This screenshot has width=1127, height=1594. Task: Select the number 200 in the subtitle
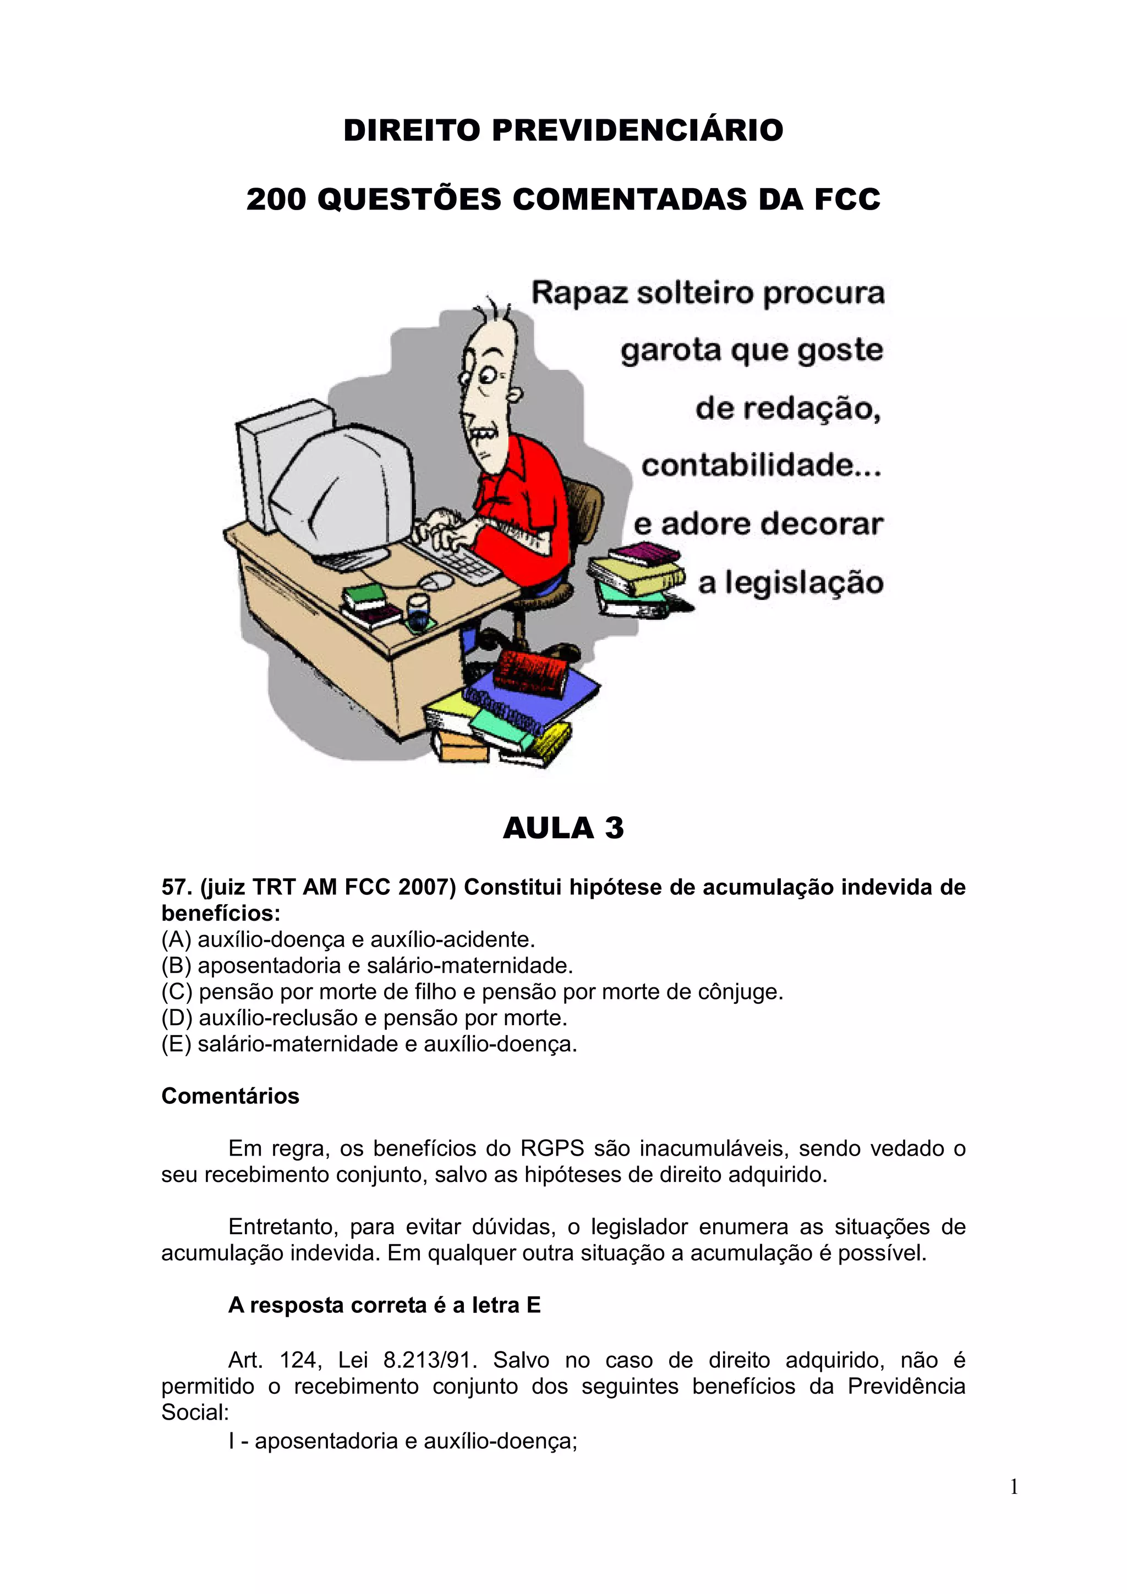[x=276, y=199]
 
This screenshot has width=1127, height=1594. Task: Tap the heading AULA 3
[x=563, y=828]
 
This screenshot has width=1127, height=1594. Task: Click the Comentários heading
[x=230, y=1096]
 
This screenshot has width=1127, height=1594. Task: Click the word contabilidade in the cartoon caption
[x=761, y=465]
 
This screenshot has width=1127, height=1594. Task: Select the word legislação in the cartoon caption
[x=804, y=582]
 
